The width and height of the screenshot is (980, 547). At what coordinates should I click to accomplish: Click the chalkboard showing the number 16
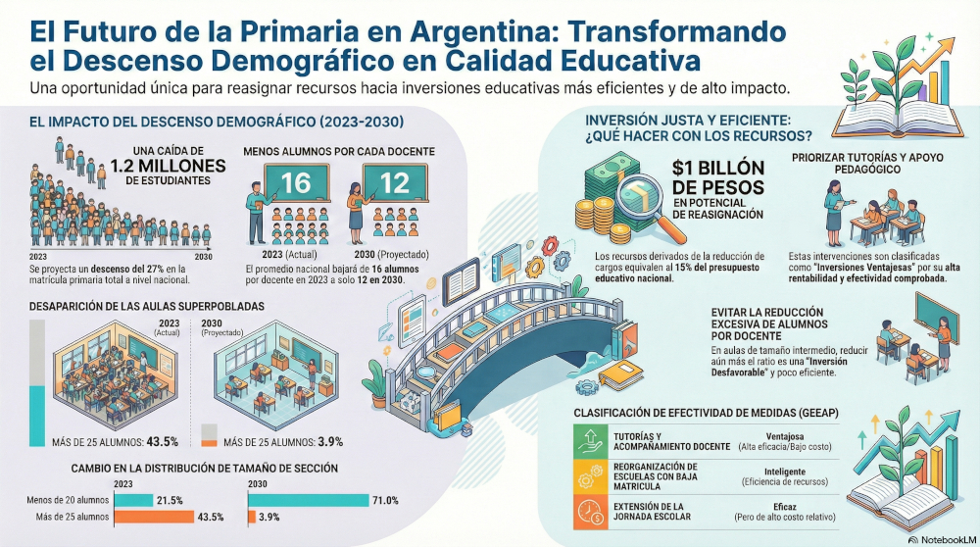click(296, 182)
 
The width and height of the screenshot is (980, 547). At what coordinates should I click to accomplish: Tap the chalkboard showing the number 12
click(395, 182)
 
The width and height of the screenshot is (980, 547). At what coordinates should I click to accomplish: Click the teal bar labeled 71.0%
click(308, 500)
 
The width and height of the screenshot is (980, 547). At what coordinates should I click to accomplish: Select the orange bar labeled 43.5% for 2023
click(155, 517)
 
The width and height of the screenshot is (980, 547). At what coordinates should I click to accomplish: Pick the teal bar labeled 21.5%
click(133, 500)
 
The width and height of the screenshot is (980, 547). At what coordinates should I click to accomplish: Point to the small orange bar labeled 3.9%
click(252, 517)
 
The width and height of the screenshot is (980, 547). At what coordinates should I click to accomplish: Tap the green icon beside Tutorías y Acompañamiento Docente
click(590, 441)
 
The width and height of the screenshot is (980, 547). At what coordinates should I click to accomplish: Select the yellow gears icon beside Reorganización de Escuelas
click(590, 476)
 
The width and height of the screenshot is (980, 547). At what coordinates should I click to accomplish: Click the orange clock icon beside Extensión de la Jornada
click(590, 512)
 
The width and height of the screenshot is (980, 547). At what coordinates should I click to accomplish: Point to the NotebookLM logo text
click(948, 539)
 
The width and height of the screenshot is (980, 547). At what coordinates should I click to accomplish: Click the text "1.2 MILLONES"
click(169, 166)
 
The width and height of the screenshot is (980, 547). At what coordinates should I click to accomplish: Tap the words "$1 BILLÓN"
click(718, 168)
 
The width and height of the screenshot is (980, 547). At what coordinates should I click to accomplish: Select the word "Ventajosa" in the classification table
click(784, 436)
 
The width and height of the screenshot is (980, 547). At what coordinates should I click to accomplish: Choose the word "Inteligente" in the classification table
click(784, 472)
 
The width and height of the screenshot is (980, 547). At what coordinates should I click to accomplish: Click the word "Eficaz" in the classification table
click(784, 507)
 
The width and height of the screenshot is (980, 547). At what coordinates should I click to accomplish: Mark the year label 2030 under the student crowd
click(203, 256)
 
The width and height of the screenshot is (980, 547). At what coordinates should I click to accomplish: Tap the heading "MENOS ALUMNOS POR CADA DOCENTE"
click(339, 151)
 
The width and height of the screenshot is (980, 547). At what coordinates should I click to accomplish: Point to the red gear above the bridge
click(550, 245)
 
